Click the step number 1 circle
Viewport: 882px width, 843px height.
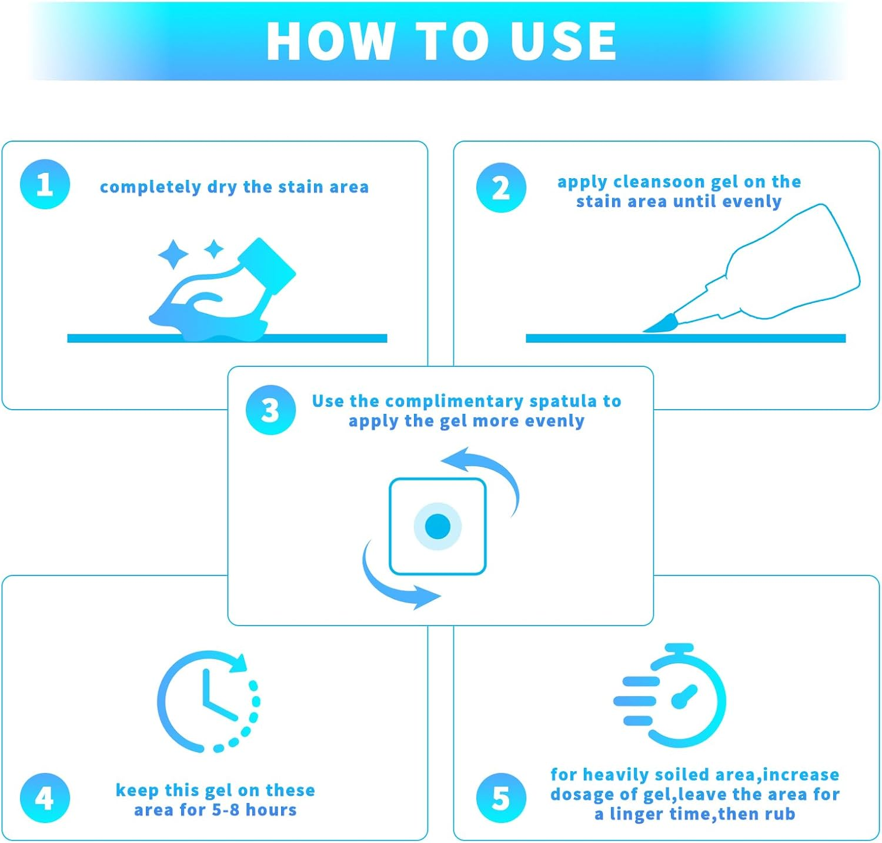tap(45, 184)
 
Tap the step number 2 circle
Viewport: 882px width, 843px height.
tap(501, 188)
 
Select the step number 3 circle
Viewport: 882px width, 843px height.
tap(270, 410)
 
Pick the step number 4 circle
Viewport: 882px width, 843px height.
tap(45, 798)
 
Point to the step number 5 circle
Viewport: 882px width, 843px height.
tap(501, 798)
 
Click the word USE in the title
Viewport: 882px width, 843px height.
tap(563, 41)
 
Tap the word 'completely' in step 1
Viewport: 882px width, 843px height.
tap(151, 187)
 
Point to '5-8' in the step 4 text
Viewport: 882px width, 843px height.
tap(226, 809)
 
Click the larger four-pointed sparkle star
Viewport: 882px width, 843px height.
tap(173, 255)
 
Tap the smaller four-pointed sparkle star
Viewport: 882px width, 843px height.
tap(214, 249)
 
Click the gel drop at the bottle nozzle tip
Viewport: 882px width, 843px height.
tap(661, 323)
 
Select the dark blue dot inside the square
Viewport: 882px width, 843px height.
tap(437, 526)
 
